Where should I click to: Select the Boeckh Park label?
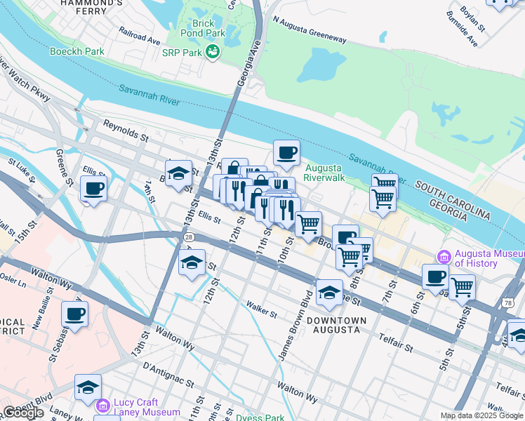(77, 51)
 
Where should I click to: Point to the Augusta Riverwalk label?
(324, 173)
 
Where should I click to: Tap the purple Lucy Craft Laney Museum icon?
(102, 406)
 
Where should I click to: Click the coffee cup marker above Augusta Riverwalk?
(286, 152)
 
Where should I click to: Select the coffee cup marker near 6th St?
(435, 276)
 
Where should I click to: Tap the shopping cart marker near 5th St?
(462, 286)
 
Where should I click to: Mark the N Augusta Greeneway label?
(310, 30)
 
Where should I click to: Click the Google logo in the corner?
(22, 413)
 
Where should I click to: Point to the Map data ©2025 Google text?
(481, 415)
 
